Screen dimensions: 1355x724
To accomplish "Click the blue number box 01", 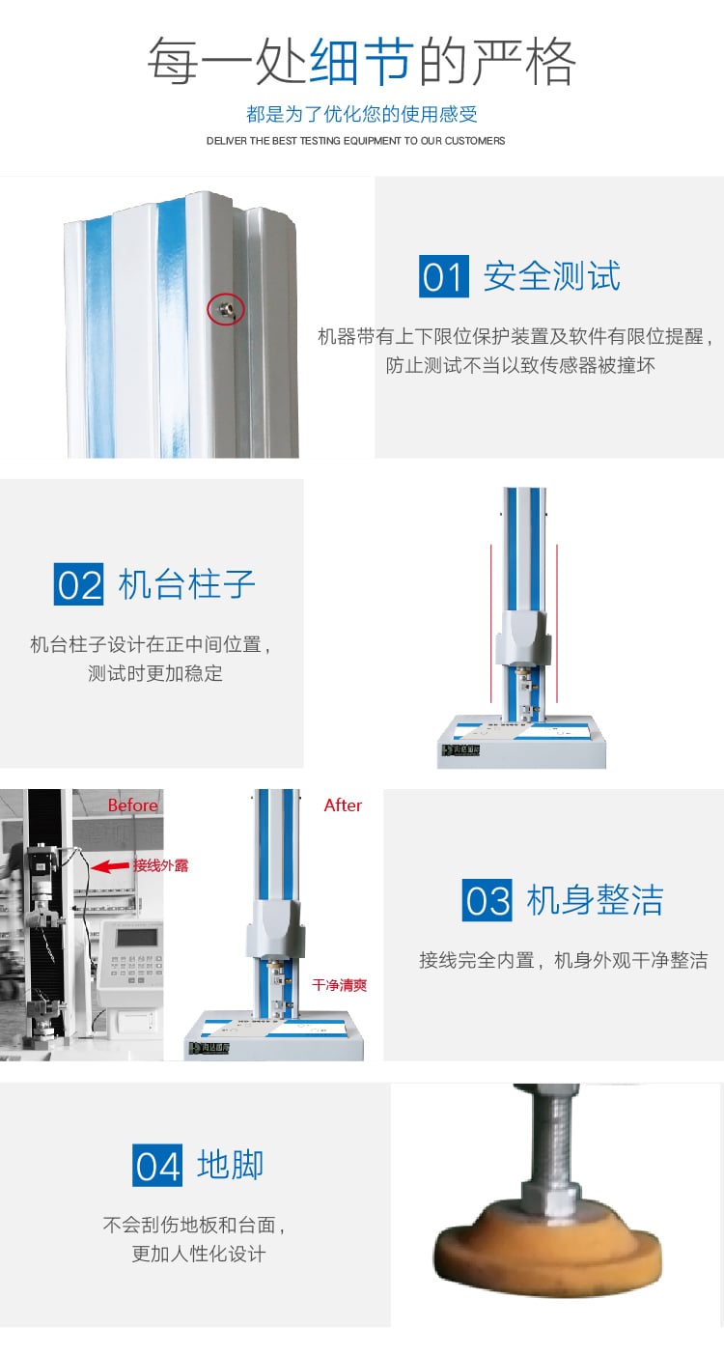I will point(443,276).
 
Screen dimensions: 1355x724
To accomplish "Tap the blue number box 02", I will point(78,585).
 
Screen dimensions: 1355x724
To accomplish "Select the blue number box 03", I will point(487,900).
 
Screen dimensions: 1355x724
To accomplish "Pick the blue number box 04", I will point(157,1165).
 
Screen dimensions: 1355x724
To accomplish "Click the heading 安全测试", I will point(551,276).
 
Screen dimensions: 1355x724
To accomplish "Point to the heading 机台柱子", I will point(186,585).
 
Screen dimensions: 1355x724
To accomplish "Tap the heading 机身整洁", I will point(595,900).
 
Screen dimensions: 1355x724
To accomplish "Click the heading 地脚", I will point(230,1165).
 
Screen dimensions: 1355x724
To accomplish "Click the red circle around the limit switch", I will point(225,309).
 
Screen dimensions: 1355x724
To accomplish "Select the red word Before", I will point(132,805).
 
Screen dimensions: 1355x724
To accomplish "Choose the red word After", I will point(343,805).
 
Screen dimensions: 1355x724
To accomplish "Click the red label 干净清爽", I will point(339,985).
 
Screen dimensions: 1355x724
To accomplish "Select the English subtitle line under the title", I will point(355,141).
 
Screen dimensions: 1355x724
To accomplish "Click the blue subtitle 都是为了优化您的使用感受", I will point(362,114).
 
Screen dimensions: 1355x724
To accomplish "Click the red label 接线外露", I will point(161,865).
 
